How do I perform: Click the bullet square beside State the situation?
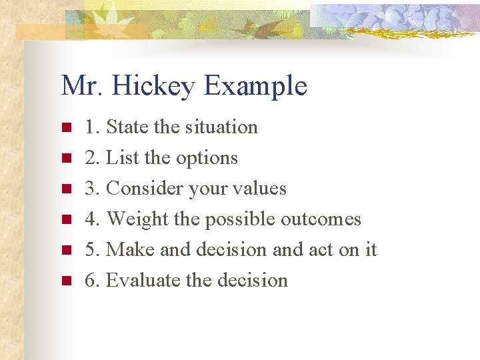pyautogui.click(x=65, y=127)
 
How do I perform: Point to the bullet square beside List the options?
pyautogui.click(x=65, y=158)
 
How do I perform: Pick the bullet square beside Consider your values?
pyautogui.click(x=65, y=189)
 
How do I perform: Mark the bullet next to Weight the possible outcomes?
pyautogui.click(x=65, y=219)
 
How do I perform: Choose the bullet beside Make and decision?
pyautogui.click(x=65, y=250)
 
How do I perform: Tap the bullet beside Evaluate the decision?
pyautogui.click(x=65, y=281)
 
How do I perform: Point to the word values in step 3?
pyautogui.click(x=261, y=189)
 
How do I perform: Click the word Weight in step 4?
pyautogui.click(x=137, y=219)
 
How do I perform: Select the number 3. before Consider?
pyautogui.click(x=92, y=189)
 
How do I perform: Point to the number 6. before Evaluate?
pyautogui.click(x=92, y=280)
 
